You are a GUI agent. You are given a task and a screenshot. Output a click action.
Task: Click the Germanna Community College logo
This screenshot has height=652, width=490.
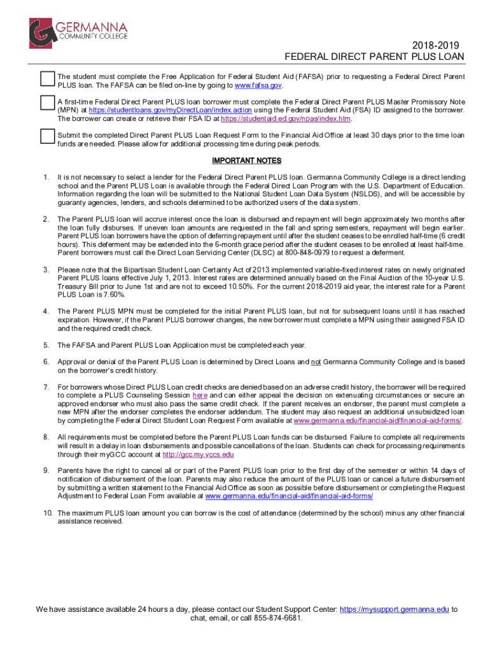pos(78,34)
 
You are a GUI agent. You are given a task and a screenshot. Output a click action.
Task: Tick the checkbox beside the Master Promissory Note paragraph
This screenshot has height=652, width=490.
pos(47,104)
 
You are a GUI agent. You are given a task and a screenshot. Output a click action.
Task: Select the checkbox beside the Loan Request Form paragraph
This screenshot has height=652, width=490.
pos(47,137)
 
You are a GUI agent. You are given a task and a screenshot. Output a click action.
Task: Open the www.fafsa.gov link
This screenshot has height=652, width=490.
pos(258,85)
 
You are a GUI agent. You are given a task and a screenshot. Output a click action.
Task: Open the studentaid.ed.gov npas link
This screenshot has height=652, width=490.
pos(286,118)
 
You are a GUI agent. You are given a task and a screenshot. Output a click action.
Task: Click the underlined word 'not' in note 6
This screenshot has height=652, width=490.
pos(315,362)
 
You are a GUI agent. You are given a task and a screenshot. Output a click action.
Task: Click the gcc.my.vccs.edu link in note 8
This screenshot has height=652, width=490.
pos(199,455)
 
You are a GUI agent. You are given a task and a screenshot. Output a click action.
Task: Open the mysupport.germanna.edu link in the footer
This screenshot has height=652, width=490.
pos(394,609)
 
